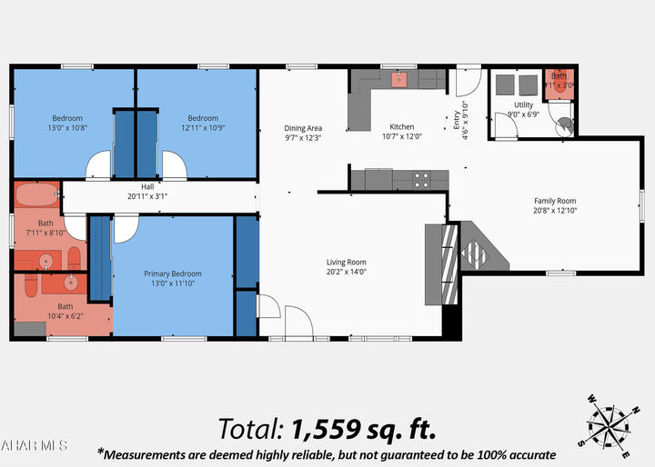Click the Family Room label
pyautogui.click(x=554, y=201)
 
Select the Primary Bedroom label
pyautogui.click(x=173, y=273)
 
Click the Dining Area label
pyautogui.click(x=303, y=128)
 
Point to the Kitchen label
pyautogui.click(x=402, y=127)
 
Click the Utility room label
pyautogui.click(x=523, y=105)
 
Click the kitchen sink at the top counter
pyautogui.click(x=398, y=79)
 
